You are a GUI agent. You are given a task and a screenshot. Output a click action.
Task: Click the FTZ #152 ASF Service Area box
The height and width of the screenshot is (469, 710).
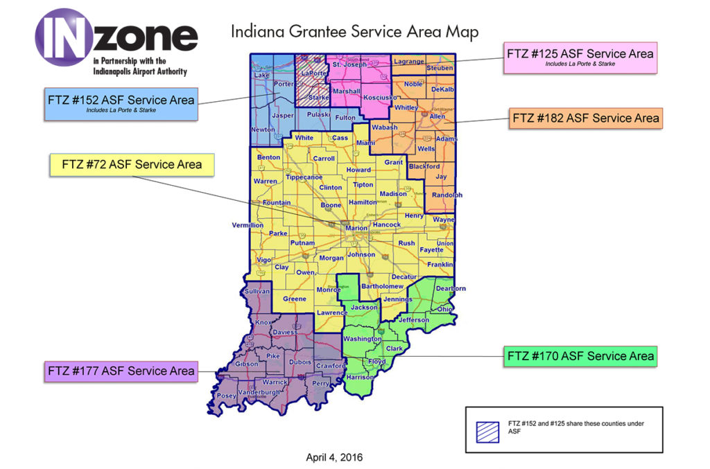[x=121, y=103]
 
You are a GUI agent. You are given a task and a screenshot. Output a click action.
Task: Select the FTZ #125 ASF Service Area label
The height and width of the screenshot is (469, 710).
[x=580, y=57]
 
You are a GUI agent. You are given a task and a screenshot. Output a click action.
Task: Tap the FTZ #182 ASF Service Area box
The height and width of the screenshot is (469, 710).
[x=585, y=118]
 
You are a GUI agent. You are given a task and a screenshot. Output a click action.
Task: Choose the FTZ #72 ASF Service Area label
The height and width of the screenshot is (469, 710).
[x=132, y=165]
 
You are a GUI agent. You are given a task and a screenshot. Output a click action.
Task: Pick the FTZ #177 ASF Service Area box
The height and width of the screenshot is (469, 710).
[x=120, y=371]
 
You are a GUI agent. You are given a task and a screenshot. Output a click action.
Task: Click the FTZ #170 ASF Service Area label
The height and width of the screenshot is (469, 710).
[x=580, y=356]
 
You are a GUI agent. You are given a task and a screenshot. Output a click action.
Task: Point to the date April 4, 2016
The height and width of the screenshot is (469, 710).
[x=334, y=457]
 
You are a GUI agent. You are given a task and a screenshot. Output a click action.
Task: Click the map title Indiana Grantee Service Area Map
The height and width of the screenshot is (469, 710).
[x=354, y=32]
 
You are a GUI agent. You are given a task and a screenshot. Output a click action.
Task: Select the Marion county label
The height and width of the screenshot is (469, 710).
[x=356, y=228]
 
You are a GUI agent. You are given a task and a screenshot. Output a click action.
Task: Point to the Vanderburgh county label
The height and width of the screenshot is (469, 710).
[x=258, y=393]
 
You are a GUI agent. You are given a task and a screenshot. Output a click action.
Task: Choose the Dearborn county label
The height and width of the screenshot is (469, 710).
[x=451, y=288]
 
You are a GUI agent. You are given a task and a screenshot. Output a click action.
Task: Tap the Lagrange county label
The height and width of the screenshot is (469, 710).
[x=408, y=62]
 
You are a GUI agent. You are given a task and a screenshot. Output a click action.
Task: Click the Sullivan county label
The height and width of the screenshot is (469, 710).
[x=257, y=292]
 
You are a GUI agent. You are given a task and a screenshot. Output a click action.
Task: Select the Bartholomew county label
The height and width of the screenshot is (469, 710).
[x=383, y=286]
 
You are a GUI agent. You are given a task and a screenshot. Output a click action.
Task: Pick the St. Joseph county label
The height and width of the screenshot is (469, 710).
[x=347, y=65]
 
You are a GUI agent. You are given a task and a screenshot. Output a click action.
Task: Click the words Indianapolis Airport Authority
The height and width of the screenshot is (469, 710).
[x=139, y=71]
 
